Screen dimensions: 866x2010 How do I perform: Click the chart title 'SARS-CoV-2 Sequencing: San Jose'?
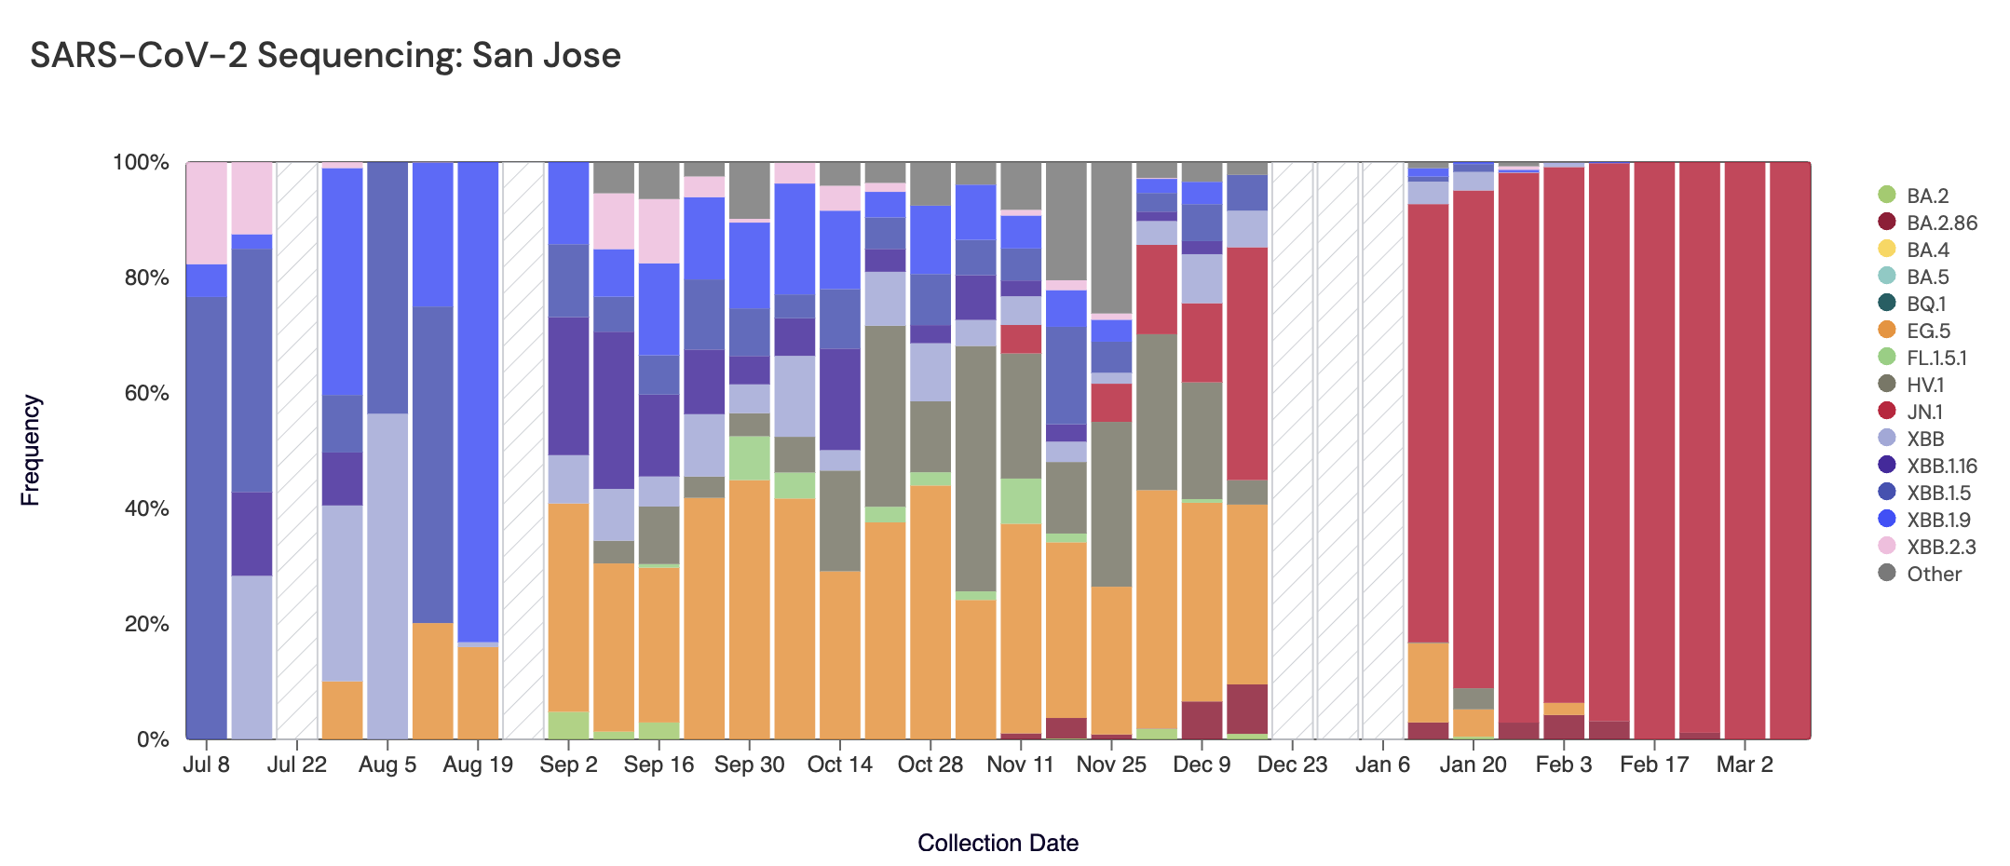click(x=325, y=56)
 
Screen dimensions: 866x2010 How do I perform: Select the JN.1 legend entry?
click(x=1924, y=412)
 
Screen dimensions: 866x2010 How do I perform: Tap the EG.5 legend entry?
click(x=1927, y=331)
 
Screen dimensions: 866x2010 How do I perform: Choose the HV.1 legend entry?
click(x=1924, y=385)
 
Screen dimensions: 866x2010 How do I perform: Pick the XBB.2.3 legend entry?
click(x=1940, y=547)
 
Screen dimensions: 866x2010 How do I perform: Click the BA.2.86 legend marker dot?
click(x=1887, y=223)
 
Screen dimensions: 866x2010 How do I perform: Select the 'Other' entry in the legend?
click(x=1934, y=574)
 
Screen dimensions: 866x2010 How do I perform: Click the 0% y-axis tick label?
click(x=153, y=739)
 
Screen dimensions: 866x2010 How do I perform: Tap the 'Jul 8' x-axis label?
click(x=207, y=765)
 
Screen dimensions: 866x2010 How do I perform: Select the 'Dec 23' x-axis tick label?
click(x=1292, y=765)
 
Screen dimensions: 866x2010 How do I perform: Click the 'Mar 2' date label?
click(x=1745, y=765)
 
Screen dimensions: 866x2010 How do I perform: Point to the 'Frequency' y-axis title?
click(x=31, y=450)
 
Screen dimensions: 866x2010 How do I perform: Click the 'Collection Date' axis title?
click(x=998, y=843)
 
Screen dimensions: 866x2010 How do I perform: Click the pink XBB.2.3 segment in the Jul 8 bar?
click(x=207, y=212)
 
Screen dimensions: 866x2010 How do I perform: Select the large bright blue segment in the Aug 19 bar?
click(x=478, y=400)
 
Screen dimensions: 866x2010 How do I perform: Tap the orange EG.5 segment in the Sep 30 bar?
click(x=750, y=610)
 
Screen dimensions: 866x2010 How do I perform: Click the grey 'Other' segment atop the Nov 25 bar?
click(x=1111, y=237)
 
